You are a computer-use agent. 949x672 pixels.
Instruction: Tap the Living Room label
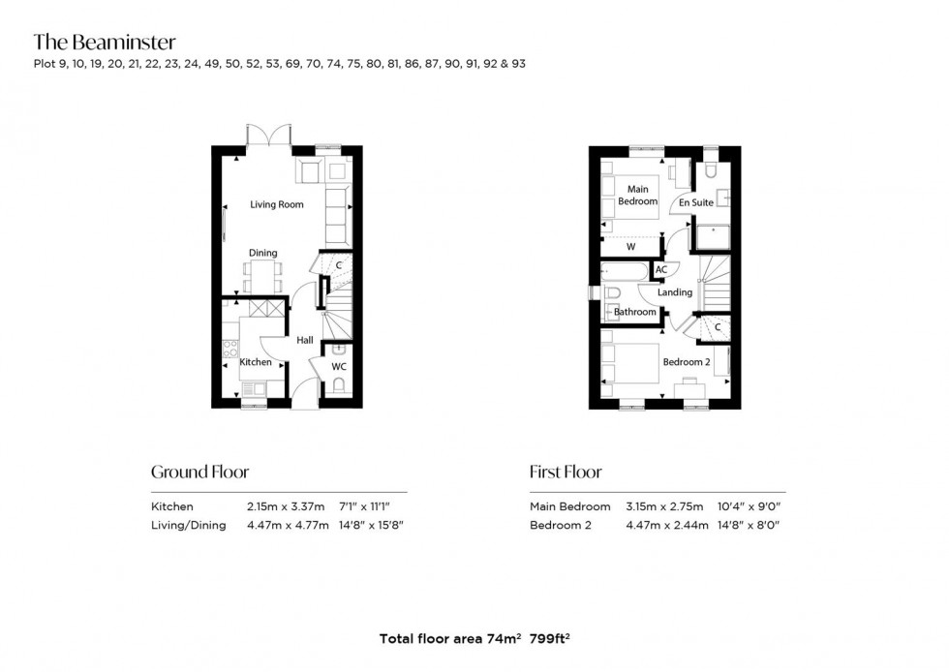point(277,204)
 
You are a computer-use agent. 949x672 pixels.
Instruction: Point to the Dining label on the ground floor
point(262,254)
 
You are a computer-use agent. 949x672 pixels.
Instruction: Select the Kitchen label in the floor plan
point(256,362)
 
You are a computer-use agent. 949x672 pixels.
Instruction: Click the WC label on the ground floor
point(338,368)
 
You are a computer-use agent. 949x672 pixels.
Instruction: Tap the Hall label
point(305,340)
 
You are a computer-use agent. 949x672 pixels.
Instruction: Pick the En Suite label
point(695,203)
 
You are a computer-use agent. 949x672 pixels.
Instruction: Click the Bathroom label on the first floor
point(635,312)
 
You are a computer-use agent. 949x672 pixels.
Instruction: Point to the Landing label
point(675,292)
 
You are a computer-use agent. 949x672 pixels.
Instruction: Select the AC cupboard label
point(661,270)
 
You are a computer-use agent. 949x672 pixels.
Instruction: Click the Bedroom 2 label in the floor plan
point(687,362)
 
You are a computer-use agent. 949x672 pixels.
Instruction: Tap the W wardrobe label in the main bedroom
point(630,247)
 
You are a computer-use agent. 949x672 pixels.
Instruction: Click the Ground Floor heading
point(199,473)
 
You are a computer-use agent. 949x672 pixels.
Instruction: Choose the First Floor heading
point(566,473)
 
